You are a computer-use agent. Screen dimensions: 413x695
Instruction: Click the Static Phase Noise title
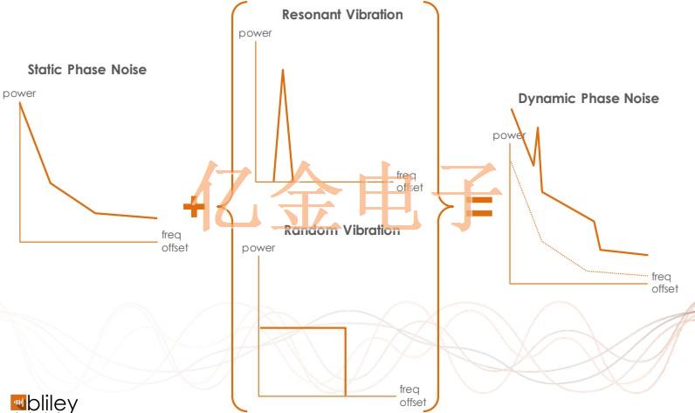click(86, 69)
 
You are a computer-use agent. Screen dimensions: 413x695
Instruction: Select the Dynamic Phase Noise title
click(588, 99)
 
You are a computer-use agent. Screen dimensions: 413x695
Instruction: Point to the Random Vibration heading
click(342, 231)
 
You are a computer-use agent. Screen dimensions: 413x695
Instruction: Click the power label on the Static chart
click(19, 93)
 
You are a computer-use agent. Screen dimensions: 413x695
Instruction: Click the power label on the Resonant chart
click(256, 33)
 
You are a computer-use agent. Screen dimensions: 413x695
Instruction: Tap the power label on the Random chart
click(258, 248)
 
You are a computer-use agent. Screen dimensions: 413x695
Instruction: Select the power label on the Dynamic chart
click(509, 135)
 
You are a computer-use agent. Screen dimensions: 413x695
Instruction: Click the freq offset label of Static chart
click(175, 241)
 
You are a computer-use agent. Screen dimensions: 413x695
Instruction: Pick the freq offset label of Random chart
click(413, 396)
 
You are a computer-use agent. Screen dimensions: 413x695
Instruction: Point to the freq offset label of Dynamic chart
click(664, 282)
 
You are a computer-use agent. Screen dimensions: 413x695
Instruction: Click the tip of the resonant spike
click(282, 70)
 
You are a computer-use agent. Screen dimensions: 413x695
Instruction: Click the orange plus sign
click(194, 207)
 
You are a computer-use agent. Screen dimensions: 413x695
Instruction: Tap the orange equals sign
click(482, 207)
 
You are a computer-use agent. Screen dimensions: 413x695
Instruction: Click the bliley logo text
click(53, 404)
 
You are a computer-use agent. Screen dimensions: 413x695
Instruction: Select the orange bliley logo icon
click(17, 403)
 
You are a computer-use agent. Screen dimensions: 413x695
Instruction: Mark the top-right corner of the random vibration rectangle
click(345, 327)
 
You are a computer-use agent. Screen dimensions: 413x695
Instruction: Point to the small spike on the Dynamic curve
click(537, 128)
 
